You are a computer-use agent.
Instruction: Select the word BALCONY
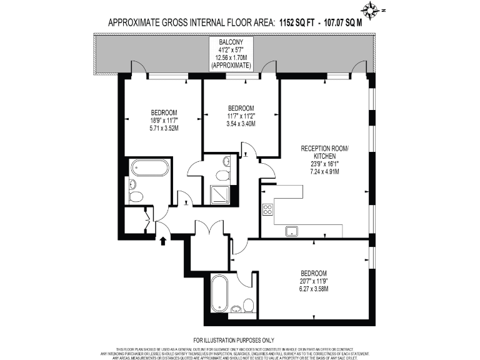231,41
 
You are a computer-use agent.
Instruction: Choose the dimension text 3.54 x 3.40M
241,123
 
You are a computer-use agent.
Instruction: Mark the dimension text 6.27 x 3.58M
313,289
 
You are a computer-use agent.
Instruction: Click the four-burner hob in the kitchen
267,210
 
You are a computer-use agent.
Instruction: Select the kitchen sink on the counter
292,231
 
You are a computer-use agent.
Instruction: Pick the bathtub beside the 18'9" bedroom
149,169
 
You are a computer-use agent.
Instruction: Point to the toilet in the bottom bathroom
248,306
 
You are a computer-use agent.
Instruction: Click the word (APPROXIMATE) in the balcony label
231,65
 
